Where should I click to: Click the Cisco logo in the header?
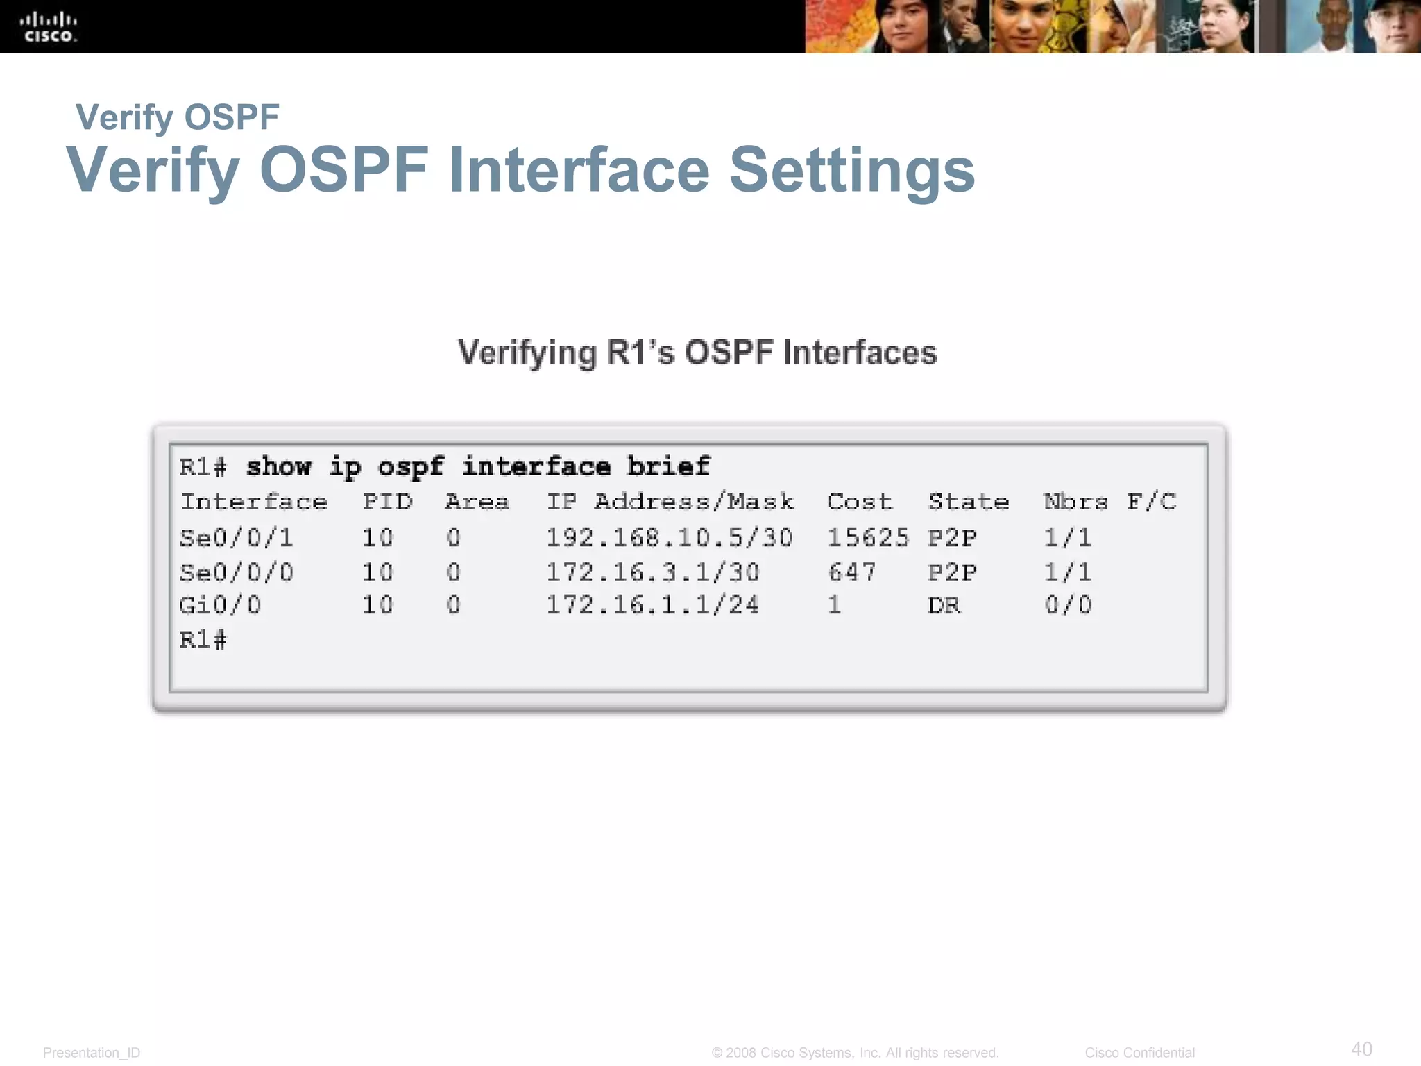pyautogui.click(x=49, y=28)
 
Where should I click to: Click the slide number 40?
pyautogui.click(x=1361, y=1049)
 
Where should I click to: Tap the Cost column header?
pyautogui.click(x=860, y=501)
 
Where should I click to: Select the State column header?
pyautogui.click(x=969, y=501)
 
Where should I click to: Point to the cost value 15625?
pyautogui.click(x=868, y=537)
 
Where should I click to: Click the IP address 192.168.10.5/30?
pyautogui.click(x=669, y=537)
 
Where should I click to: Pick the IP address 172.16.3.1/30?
pyautogui.click(x=652, y=572)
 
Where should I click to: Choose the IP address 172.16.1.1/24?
pyautogui.click(x=652, y=604)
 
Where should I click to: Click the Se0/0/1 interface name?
pyautogui.click(x=237, y=537)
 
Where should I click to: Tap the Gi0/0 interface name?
pyautogui.click(x=221, y=604)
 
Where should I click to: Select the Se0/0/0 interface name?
pyautogui.click(x=237, y=572)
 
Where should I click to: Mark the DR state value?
pyautogui.click(x=944, y=604)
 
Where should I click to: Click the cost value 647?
pyautogui.click(x=852, y=572)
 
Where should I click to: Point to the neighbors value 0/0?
pyautogui.click(x=1069, y=604)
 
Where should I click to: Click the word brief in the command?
pyautogui.click(x=668, y=466)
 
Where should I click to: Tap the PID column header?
pyautogui.click(x=388, y=501)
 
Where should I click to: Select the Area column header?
pyautogui.click(x=477, y=501)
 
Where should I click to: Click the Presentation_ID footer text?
pyautogui.click(x=92, y=1053)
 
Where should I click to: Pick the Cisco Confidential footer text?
pyautogui.click(x=1140, y=1053)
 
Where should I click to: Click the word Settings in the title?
pyautogui.click(x=852, y=170)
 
